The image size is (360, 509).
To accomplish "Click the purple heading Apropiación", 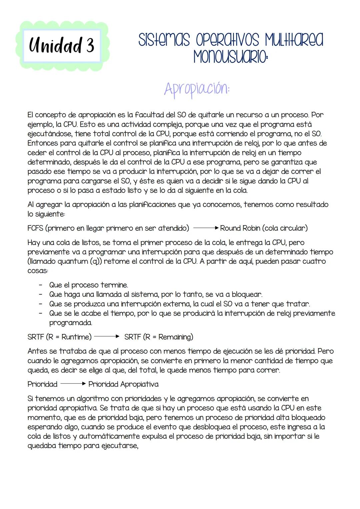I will [x=197, y=89].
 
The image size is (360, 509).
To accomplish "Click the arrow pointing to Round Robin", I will [x=206, y=228].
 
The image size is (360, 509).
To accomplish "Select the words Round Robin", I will [x=240, y=228].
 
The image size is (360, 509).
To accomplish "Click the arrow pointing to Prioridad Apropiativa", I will [x=73, y=384].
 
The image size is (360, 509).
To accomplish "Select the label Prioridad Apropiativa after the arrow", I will [x=123, y=384].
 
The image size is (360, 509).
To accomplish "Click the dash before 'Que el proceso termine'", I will [x=40, y=285].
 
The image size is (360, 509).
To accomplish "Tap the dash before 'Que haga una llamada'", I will [x=40, y=295].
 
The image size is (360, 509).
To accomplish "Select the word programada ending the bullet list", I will [x=70, y=323].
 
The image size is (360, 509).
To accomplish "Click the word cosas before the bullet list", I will [x=37, y=271].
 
